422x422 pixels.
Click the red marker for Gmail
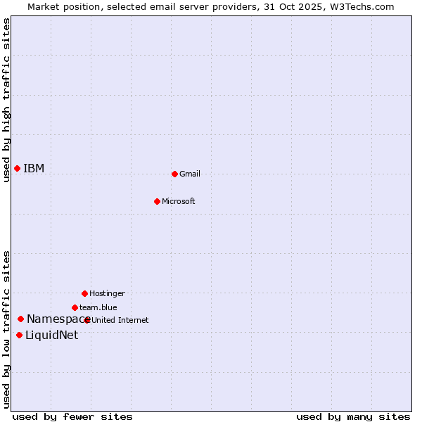(174, 174)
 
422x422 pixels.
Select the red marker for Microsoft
(157, 201)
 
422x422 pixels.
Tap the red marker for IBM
(17, 168)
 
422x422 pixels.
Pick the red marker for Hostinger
(84, 293)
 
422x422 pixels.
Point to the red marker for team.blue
(75, 307)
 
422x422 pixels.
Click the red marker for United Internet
(87, 320)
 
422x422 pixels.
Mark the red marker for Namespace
(20, 319)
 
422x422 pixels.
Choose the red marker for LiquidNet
(19, 335)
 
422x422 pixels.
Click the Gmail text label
(190, 174)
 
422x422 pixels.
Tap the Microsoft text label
(179, 201)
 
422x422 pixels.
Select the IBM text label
(34, 168)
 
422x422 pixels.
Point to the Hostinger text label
(107, 293)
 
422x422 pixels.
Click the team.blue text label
(98, 307)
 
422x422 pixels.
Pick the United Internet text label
(120, 320)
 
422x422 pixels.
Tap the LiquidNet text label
(51, 335)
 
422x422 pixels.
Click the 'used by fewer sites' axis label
(72, 416)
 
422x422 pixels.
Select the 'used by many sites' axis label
(353, 416)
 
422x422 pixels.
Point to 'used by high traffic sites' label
(6, 100)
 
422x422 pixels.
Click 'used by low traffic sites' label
(6, 329)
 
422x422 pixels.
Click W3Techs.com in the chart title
(360, 6)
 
